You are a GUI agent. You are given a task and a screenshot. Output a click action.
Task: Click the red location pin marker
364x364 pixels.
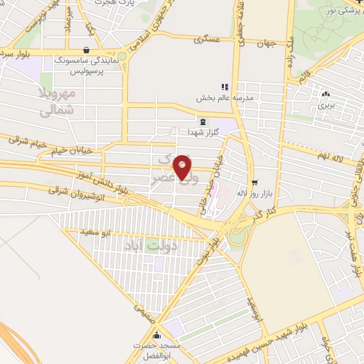183,167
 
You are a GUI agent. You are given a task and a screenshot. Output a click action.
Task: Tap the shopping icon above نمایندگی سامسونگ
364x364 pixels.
86,50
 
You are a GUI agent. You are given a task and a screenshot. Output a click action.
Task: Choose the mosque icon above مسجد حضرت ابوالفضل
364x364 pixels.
157,335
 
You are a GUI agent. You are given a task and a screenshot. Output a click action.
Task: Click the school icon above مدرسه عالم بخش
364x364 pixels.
225,87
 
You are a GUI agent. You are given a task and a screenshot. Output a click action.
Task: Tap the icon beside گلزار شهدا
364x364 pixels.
203,122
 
